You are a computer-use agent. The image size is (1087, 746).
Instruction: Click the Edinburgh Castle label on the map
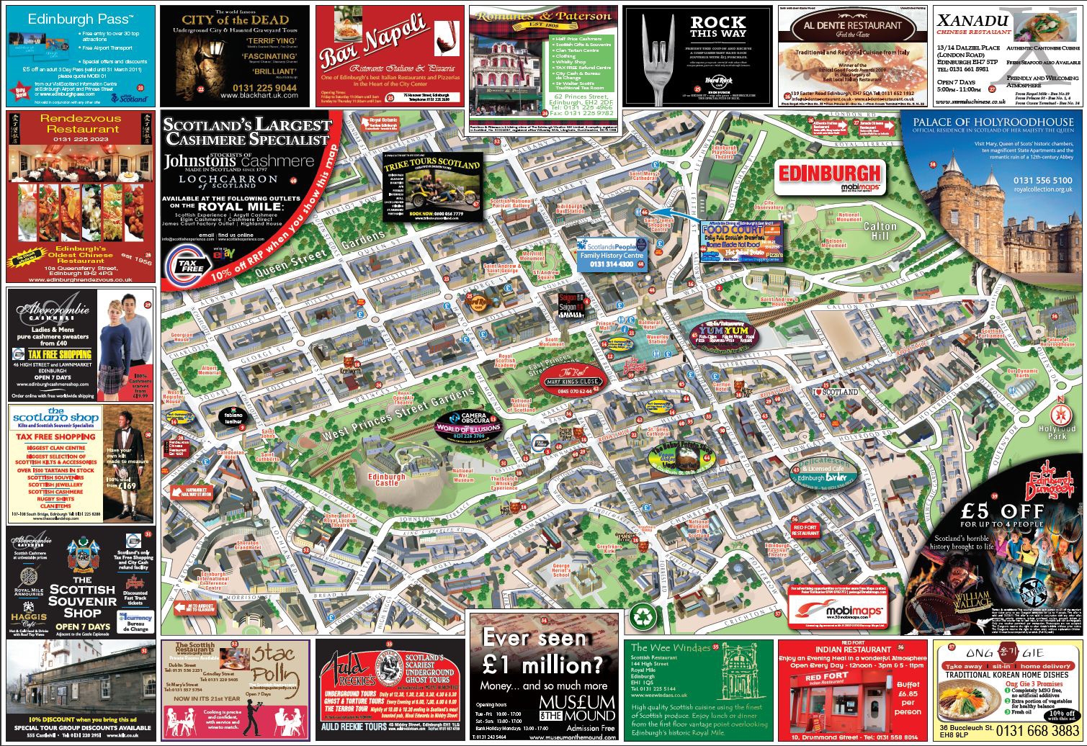click(x=387, y=480)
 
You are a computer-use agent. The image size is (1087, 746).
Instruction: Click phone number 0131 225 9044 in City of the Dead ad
click(x=236, y=88)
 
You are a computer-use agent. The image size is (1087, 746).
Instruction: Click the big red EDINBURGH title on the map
click(x=830, y=173)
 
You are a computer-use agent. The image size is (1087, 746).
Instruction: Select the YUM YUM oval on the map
click(x=714, y=333)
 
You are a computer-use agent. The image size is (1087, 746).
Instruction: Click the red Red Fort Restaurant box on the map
click(x=805, y=531)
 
